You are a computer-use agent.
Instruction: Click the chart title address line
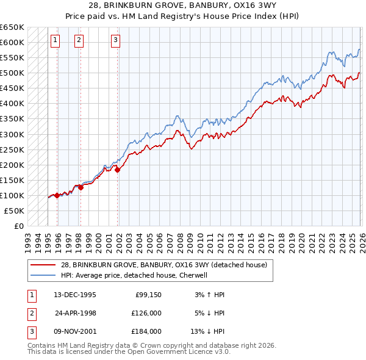(x=183, y=6)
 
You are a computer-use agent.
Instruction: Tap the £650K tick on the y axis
(x=12, y=27)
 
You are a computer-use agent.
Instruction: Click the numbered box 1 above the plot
(x=55, y=41)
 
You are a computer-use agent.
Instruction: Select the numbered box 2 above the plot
(x=79, y=41)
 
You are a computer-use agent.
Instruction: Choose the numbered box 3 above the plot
(x=115, y=41)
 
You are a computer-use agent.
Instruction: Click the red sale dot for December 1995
(x=57, y=195)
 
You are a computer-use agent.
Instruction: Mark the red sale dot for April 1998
(x=81, y=187)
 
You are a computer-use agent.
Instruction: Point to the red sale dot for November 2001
(x=117, y=170)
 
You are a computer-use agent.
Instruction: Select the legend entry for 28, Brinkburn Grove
(x=163, y=265)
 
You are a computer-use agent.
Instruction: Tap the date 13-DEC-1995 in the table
(x=75, y=295)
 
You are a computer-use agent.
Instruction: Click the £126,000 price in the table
(x=147, y=313)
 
